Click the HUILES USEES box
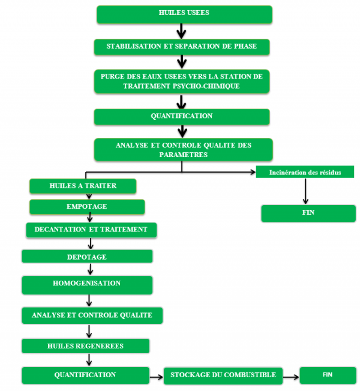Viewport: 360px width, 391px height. pos(184,14)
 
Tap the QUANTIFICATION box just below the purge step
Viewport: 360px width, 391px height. pos(181,116)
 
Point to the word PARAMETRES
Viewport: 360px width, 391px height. pos(183,154)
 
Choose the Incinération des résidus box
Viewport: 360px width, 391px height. pos(306,173)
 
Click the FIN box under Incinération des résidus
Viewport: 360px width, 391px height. pos(308,213)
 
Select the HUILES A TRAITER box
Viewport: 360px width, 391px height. pos(83,186)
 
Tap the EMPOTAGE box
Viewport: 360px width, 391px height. pos(87,207)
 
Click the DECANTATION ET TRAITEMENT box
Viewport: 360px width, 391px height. pos(91,230)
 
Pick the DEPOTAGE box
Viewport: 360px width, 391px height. pos(87,257)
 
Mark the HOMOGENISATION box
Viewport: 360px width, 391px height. pos(86,284)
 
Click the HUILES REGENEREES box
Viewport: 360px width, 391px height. pos(85,346)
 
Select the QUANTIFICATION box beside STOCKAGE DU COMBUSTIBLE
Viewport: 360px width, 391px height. pos(85,375)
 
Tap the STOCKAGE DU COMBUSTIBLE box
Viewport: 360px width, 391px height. pos(223,375)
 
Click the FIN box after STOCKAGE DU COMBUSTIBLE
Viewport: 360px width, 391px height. pos(328,375)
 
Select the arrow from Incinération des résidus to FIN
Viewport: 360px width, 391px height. pos(305,191)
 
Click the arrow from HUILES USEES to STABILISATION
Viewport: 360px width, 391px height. pos(180,31)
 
